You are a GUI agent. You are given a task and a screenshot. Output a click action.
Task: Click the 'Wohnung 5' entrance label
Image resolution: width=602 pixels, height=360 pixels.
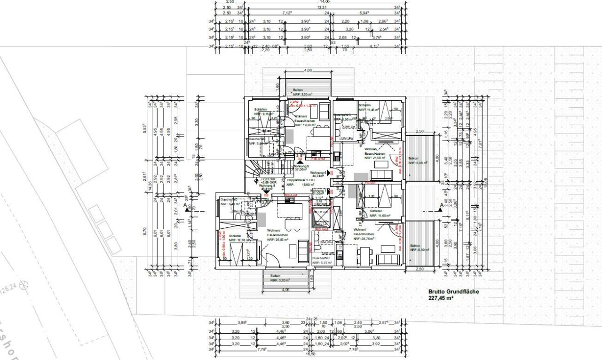point(301,166)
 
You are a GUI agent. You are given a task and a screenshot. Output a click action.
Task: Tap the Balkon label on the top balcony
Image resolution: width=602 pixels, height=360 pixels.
point(298,89)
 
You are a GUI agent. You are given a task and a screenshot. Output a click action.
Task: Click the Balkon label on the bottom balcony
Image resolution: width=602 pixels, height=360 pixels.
point(275,276)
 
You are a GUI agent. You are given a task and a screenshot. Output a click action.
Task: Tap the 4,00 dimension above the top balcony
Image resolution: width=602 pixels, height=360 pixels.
point(308,70)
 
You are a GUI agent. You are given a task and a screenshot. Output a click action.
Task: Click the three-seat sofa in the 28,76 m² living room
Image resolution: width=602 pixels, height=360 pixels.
point(387,259)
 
